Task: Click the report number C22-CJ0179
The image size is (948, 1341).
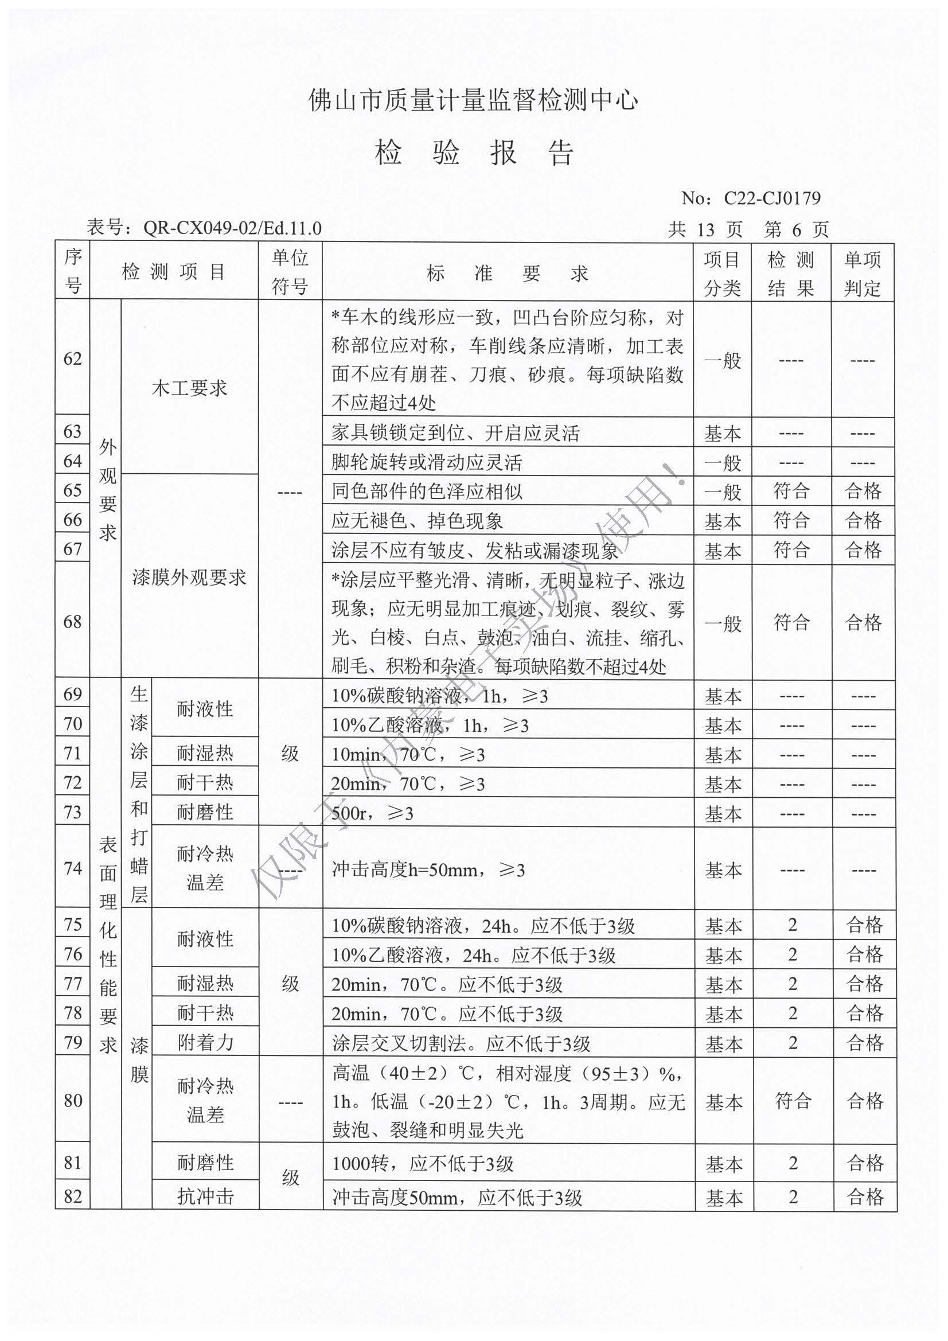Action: [771, 198]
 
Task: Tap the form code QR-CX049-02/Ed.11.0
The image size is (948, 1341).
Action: [232, 228]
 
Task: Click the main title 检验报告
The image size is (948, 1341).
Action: [474, 153]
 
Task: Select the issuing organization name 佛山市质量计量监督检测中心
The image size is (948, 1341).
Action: [473, 100]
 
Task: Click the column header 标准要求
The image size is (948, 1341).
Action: [507, 273]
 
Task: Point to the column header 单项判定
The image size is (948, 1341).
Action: [862, 273]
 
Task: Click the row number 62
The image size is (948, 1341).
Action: [72, 358]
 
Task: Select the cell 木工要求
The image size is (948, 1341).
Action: [189, 388]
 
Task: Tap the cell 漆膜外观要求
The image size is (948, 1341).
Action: [189, 578]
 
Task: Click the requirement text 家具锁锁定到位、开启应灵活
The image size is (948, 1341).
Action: [455, 433]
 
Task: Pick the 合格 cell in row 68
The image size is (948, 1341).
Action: [863, 622]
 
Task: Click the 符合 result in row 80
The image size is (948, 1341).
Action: [793, 1101]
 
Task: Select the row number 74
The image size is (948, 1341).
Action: [72, 868]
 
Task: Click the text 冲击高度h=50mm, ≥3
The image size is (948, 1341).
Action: [428, 870]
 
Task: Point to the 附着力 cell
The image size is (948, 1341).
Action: [205, 1042]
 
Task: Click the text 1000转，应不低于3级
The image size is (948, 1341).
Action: [423, 1163]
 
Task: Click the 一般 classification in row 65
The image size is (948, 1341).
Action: [723, 491]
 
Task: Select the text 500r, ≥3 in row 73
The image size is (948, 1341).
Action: [373, 813]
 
